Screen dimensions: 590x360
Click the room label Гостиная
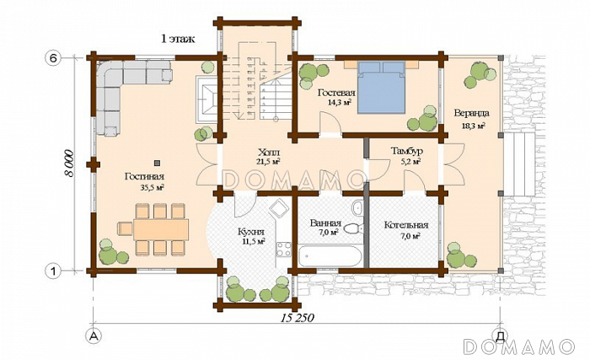(144, 176)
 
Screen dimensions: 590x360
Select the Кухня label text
(251, 232)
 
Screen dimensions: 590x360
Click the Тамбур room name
(407, 152)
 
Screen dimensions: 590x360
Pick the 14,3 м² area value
(340, 102)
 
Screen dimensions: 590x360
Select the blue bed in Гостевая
(381, 88)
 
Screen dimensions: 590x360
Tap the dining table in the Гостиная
(161, 229)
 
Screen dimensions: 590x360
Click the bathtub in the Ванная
(330, 256)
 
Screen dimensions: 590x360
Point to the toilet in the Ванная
(354, 228)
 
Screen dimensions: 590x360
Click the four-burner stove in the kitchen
(284, 249)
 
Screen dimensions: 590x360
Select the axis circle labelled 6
(53, 58)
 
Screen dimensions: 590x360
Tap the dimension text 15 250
(297, 318)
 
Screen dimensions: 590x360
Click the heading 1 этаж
(178, 39)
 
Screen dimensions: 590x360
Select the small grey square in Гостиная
(157, 163)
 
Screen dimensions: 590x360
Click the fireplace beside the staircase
(206, 99)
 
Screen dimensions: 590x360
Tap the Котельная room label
(406, 225)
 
